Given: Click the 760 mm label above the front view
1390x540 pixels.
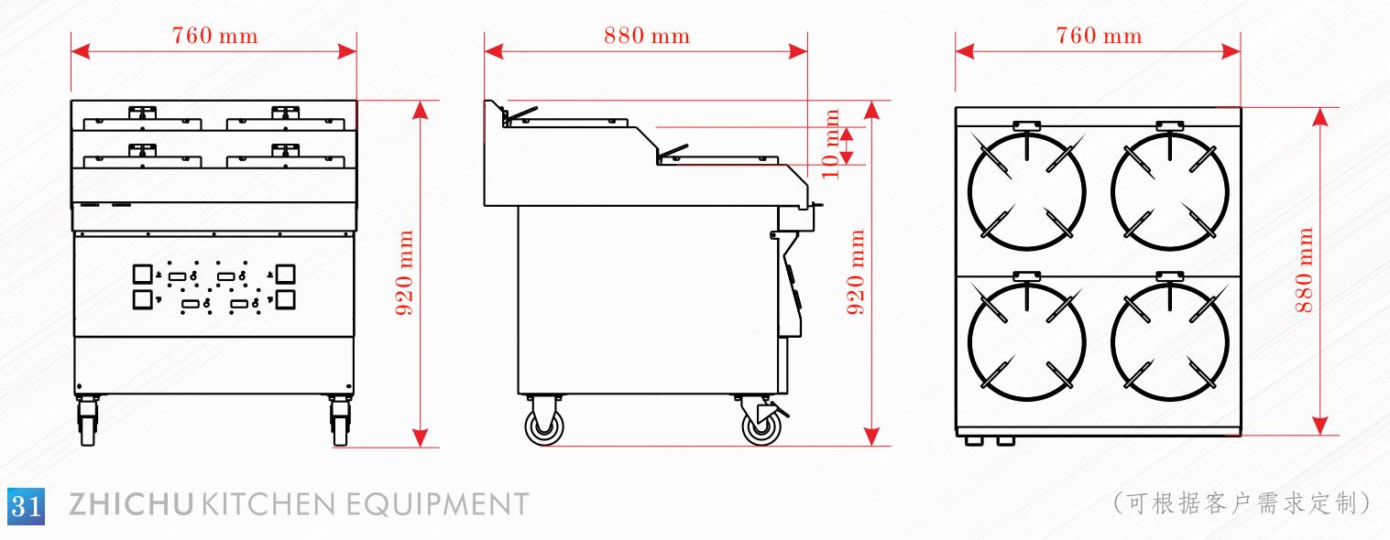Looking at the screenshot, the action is pyautogui.click(x=214, y=36).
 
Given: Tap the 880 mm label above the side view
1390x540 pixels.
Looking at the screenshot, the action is pyautogui.click(x=647, y=36).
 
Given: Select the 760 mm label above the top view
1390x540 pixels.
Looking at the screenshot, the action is pyautogui.click(x=1099, y=36).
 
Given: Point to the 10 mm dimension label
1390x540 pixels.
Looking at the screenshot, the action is pyautogui.click(x=831, y=144).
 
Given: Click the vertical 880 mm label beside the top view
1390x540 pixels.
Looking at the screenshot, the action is pyautogui.click(x=1304, y=270).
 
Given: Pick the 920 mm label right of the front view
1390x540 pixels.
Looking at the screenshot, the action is pyautogui.click(x=404, y=272).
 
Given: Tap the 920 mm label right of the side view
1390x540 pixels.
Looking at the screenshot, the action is pyautogui.click(x=856, y=272).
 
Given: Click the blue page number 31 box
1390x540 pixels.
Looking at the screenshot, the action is pyautogui.click(x=26, y=506).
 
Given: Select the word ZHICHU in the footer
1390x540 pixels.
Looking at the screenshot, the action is pyautogui.click(x=131, y=504).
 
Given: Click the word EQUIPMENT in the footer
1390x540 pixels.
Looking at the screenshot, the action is pyautogui.click(x=437, y=504).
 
